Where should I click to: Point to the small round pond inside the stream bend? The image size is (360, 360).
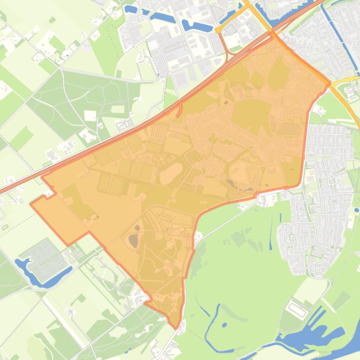click(x=224, y=324)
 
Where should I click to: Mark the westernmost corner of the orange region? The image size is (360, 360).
click(x=31, y=204)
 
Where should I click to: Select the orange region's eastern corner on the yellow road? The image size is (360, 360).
click(x=330, y=83)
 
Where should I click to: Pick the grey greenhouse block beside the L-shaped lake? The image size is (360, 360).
click(x=44, y=259)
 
